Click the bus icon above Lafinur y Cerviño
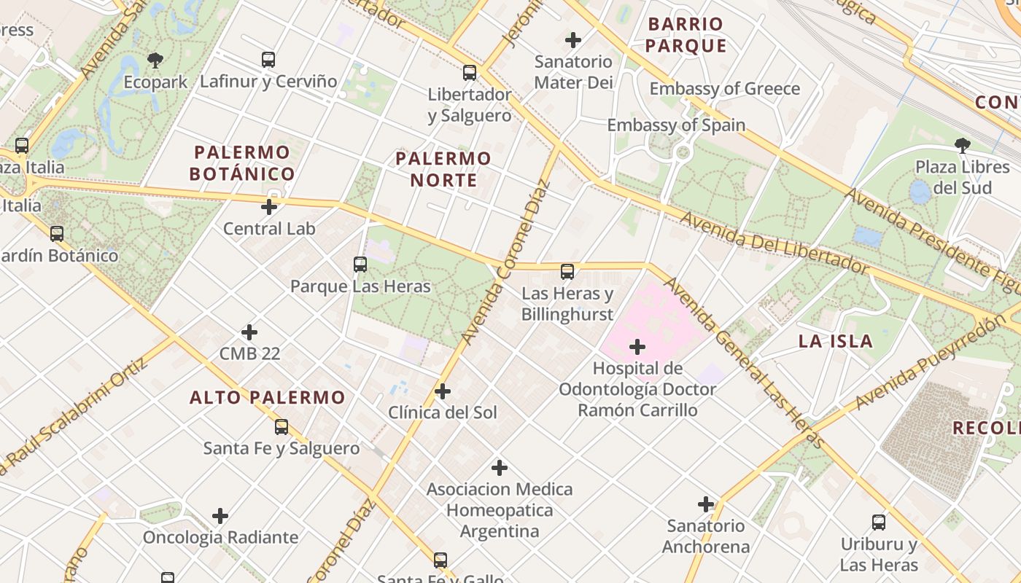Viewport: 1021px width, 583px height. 268,60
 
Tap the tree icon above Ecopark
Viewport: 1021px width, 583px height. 155,60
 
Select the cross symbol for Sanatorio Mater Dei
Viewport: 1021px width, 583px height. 573,39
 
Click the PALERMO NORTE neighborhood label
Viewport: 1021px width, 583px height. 443,169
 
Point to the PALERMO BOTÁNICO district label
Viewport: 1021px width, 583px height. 242,163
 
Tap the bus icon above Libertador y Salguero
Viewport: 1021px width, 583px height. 470,73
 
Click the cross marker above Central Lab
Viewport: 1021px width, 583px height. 269,207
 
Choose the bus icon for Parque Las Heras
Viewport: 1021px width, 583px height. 360,265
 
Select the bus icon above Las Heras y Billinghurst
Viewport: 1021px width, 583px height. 567,272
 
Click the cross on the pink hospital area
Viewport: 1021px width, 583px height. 637,347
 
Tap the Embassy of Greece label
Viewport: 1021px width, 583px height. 724,89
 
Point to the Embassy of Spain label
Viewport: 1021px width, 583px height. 676,125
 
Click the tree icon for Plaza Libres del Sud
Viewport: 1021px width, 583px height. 963,145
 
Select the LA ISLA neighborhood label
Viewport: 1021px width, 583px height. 835,341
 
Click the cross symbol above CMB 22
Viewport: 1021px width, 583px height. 249,332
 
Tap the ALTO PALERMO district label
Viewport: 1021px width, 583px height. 267,397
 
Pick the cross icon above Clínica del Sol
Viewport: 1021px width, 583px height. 442,391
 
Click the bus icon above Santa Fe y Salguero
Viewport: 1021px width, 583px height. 282,427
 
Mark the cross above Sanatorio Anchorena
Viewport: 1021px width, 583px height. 706,504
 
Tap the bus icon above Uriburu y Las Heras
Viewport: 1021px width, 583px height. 879,523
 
